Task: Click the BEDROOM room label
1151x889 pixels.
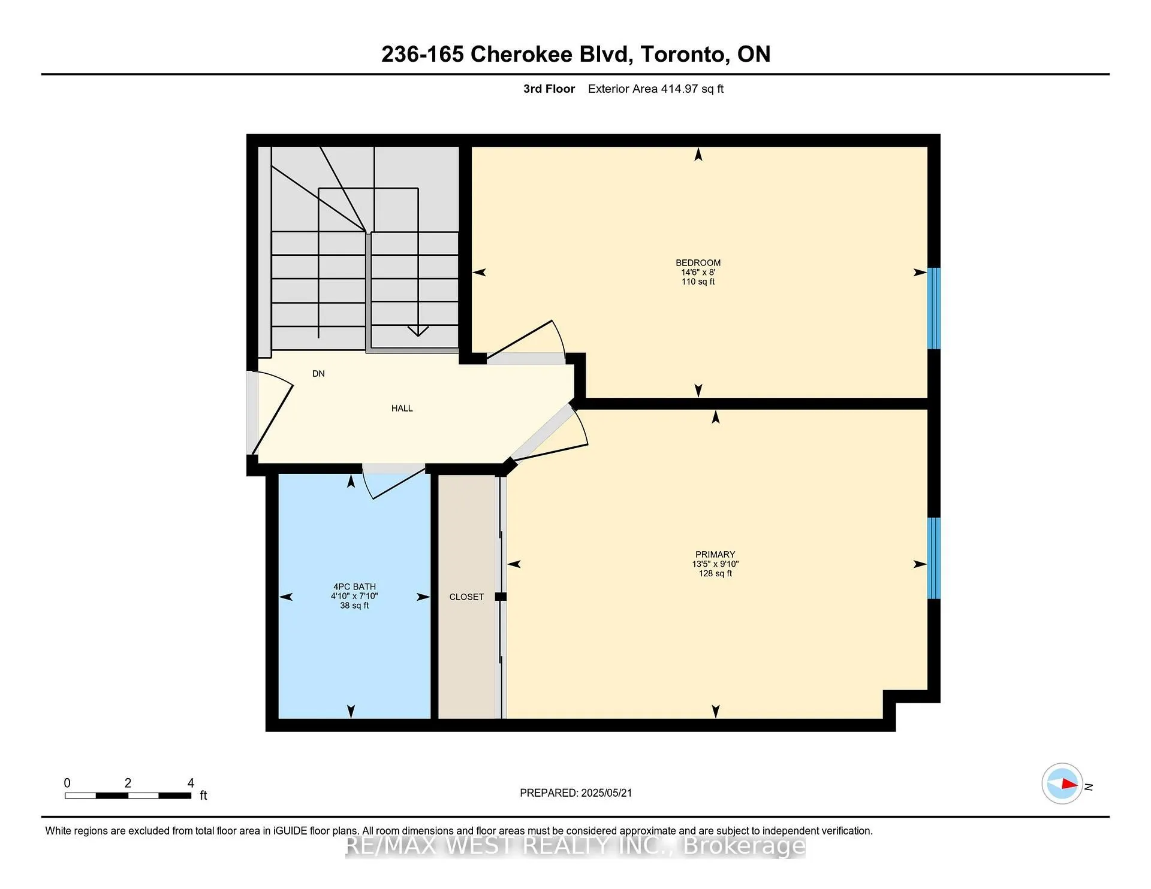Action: point(698,262)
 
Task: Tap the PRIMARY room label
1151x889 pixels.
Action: point(715,554)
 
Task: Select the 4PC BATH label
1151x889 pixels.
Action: point(354,586)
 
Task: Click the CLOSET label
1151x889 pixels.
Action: point(466,597)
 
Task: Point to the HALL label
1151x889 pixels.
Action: point(402,408)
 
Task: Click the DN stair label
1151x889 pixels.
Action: point(318,373)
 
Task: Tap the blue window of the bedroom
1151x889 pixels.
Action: point(933,308)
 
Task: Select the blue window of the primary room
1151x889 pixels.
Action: point(933,558)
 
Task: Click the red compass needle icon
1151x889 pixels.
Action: point(1069,784)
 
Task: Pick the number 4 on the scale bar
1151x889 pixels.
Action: point(191,782)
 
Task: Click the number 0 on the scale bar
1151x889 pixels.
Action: point(67,782)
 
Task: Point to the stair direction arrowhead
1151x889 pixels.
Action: point(418,331)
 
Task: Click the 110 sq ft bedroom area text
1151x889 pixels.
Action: point(698,282)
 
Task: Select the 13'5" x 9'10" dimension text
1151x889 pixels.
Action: point(715,564)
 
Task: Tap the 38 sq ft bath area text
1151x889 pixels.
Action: point(354,606)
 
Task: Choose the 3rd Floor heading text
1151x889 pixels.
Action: point(549,89)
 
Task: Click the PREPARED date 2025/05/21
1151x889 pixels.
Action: point(606,793)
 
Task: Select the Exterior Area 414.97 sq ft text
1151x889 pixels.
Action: point(655,89)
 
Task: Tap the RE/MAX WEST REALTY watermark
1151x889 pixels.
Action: point(575,845)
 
